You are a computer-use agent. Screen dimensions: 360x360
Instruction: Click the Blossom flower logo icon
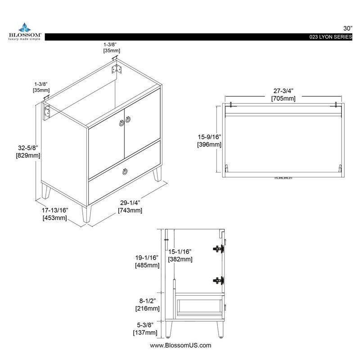[25, 27]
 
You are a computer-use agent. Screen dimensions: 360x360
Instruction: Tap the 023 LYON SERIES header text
[330, 37]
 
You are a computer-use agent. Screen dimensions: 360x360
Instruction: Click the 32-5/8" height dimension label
[28, 148]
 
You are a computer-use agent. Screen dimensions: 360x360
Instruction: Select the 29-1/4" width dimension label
[130, 203]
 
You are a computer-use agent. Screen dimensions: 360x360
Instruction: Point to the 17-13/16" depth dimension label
[55, 210]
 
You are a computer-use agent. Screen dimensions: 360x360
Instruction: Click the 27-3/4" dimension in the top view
[283, 91]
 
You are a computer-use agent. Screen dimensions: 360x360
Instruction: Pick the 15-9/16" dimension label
[209, 137]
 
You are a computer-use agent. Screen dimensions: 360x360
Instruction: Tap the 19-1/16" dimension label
[147, 257]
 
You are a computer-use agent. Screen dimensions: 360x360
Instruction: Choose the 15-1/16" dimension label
[180, 252]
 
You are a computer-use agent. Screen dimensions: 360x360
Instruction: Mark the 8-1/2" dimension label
[148, 301]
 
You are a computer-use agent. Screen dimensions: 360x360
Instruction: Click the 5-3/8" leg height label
[145, 325]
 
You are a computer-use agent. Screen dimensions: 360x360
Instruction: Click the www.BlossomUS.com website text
[180, 345]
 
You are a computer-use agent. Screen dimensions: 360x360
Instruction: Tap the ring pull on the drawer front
[125, 171]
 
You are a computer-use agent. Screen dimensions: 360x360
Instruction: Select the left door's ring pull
[121, 123]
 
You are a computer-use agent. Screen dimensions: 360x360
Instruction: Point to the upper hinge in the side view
[219, 249]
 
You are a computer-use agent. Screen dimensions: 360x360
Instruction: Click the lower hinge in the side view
[219, 280]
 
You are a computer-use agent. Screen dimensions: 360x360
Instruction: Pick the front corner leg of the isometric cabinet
[87, 214]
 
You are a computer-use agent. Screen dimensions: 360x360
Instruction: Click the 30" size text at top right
[347, 28]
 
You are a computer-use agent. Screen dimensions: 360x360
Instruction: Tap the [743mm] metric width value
[130, 210]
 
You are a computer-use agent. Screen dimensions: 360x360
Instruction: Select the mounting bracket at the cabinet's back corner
[117, 69]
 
